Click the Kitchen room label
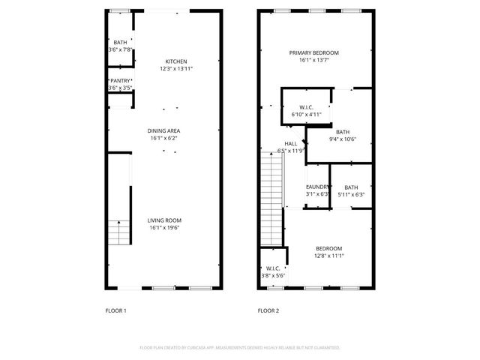(176, 61)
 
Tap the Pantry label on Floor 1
(120, 80)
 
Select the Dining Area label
(164, 130)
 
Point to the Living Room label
(164, 220)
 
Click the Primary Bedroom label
(315, 52)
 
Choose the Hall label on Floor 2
(290, 143)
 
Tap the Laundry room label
(317, 187)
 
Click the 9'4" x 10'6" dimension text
(343, 139)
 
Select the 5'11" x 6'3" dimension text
(351, 194)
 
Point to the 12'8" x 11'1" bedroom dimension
(328, 256)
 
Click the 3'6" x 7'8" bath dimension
(120, 49)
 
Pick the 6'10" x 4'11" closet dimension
(305, 115)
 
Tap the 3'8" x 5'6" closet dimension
(272, 275)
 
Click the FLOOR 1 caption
(115, 310)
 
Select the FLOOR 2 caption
(268, 310)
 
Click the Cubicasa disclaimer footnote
(240, 348)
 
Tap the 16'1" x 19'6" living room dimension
(164, 227)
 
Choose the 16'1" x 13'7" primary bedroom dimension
(315, 60)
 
